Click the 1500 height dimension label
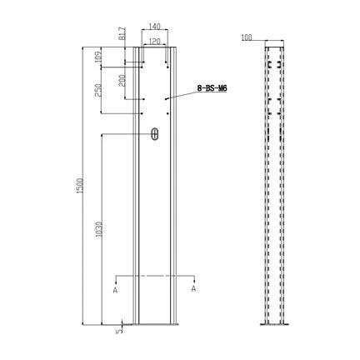point(81,185)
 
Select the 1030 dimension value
point(99,229)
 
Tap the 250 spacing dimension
point(97,90)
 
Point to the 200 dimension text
point(122,81)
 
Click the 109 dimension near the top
point(97,57)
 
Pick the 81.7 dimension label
point(122,33)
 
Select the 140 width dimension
point(155,27)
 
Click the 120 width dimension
point(155,42)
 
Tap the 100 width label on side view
point(247,37)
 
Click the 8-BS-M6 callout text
point(212,88)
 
